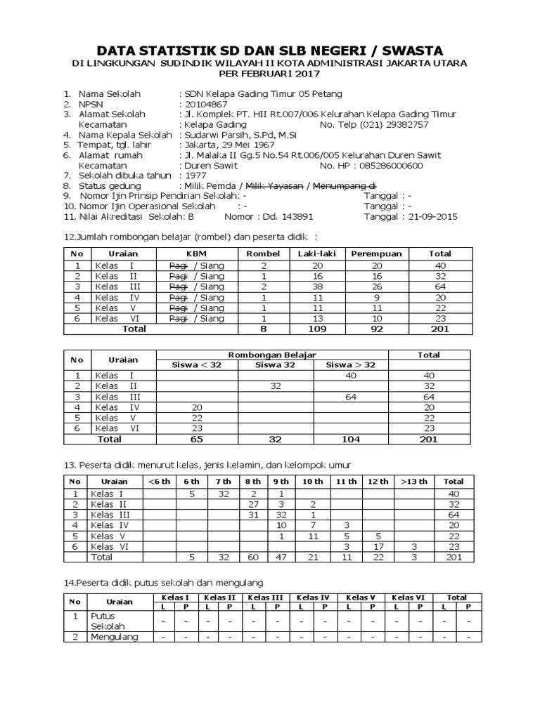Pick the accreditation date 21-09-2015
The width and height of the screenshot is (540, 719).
tap(430, 217)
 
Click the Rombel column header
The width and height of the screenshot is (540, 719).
tap(264, 253)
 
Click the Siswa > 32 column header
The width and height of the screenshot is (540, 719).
tap(349, 364)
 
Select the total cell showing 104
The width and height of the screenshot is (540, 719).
tap(349, 439)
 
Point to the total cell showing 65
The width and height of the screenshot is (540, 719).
tap(197, 439)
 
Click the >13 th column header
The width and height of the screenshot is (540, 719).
tap(414, 481)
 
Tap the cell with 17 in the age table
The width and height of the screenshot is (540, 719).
tap(378, 546)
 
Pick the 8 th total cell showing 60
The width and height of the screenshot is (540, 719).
tap(252, 557)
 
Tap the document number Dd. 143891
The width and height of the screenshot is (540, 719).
tap(288, 217)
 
